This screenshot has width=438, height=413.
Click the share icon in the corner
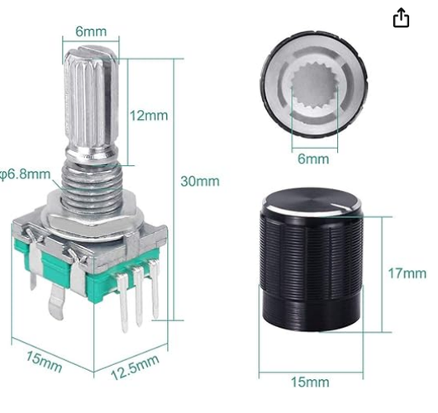coord(401,18)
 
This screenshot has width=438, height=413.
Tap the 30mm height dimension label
coord(202,181)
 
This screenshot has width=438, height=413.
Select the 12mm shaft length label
coord(149,116)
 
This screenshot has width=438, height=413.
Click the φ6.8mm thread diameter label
coord(25,174)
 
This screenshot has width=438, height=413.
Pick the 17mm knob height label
coord(407,273)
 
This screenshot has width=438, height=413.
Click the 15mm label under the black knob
coord(312,382)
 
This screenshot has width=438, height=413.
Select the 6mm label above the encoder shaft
coord(92,31)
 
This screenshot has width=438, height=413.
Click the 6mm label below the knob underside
coord(312,159)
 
